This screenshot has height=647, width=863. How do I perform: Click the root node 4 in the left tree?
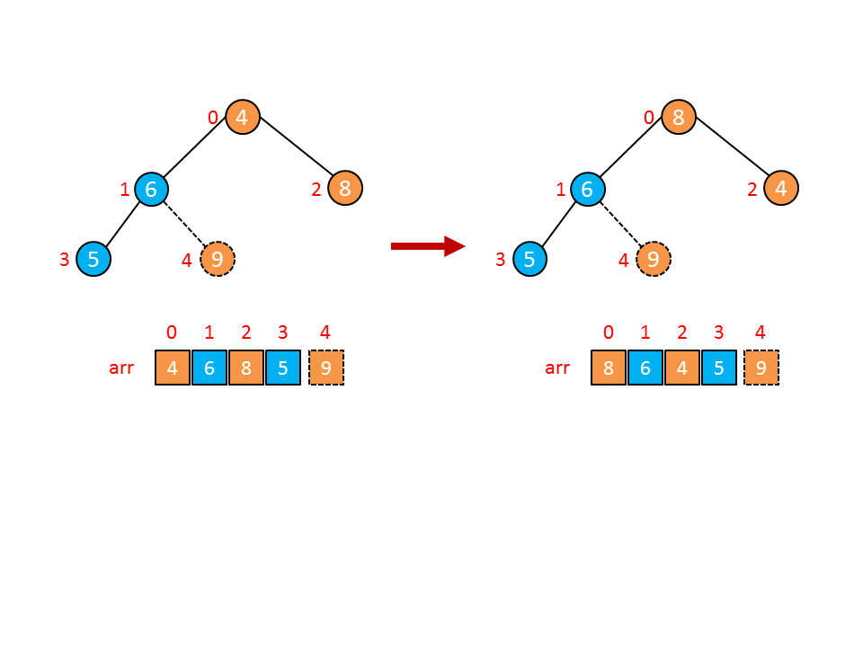click(x=242, y=117)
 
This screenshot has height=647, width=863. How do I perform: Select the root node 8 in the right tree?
click(x=679, y=117)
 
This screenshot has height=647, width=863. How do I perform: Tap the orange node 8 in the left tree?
click(x=345, y=189)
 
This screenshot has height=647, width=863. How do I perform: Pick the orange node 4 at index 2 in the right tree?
click(x=781, y=189)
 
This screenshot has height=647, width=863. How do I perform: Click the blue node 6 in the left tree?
click(x=151, y=189)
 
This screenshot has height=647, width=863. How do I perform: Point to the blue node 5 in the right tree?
click(x=529, y=260)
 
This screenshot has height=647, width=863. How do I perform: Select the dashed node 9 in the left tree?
click(x=217, y=260)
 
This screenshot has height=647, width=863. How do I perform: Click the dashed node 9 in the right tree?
click(x=654, y=260)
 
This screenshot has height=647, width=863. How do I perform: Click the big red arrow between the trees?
click(x=427, y=246)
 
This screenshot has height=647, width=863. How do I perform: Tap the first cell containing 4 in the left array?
click(x=173, y=368)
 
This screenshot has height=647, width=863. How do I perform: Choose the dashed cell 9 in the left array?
click(x=325, y=368)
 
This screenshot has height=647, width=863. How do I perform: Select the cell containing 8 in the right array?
click(x=609, y=368)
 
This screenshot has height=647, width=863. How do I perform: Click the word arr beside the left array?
click(x=121, y=368)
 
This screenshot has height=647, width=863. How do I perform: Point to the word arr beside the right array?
click(x=557, y=368)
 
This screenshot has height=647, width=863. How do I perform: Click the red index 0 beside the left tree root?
click(x=213, y=118)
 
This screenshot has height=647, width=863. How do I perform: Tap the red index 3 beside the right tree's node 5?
click(x=501, y=261)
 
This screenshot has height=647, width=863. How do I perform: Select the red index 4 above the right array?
click(x=761, y=332)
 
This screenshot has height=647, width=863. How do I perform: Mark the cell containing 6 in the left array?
click(x=209, y=368)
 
